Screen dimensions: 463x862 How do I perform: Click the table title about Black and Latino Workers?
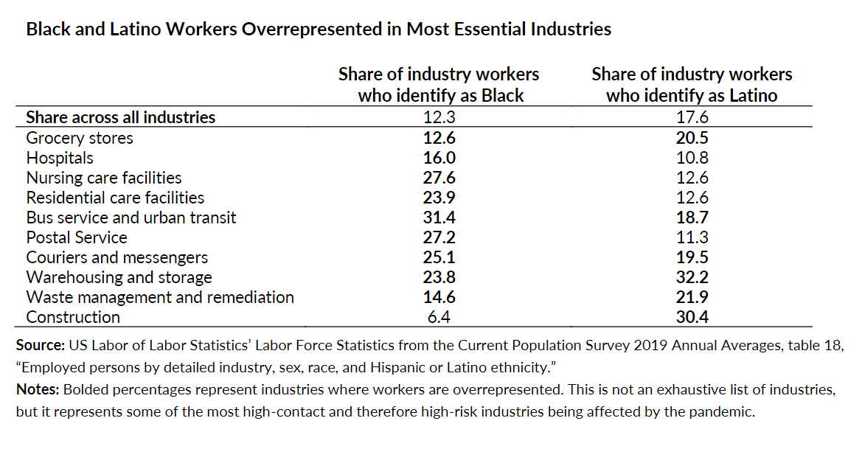(319, 29)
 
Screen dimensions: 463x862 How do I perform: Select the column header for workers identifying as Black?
(439, 85)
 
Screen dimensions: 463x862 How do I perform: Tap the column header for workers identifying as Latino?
(692, 85)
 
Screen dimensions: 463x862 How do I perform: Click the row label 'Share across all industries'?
(121, 117)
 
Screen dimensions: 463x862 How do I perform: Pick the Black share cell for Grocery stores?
(439, 138)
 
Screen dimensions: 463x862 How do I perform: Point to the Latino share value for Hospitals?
(692, 158)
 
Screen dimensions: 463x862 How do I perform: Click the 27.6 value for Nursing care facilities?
(439, 178)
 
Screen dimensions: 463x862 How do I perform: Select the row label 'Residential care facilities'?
(115, 198)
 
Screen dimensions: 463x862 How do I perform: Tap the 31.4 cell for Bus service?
(439, 217)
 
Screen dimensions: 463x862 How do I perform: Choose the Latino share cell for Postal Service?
(692, 237)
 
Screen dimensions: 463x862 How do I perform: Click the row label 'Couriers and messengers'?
(117, 257)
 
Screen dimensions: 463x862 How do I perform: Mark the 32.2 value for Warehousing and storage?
(692, 277)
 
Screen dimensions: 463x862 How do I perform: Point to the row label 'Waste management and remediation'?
(160, 297)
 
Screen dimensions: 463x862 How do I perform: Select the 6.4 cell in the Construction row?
(439, 317)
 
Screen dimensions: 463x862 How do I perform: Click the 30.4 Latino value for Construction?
(692, 317)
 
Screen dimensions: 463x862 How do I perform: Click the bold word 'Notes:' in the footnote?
(38, 391)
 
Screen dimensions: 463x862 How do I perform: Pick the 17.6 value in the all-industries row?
(692, 117)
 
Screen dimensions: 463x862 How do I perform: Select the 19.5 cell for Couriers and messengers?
(692, 257)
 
